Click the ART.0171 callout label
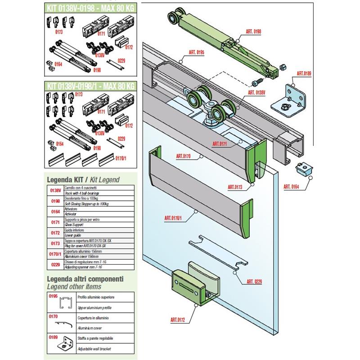pos(222,144)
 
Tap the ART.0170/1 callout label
pos(174,219)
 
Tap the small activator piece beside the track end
pos(304,171)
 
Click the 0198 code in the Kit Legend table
pos(54,201)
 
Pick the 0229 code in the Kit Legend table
pos(54,264)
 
